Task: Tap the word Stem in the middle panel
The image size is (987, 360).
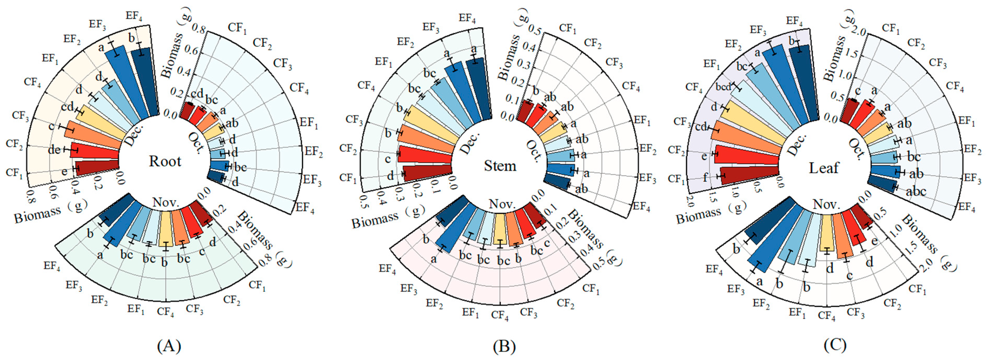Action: pos(500,166)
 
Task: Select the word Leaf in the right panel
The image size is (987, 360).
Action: pos(824,168)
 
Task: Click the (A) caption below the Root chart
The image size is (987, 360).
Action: pos(169,346)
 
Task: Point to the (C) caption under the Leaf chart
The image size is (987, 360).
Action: pos(835,345)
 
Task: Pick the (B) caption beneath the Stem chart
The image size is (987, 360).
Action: pos(504,346)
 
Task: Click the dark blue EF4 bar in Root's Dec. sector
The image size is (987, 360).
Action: pos(147,82)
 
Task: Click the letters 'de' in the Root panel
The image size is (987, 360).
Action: pos(54,150)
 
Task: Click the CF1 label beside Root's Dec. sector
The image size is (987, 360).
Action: pos(14,173)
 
